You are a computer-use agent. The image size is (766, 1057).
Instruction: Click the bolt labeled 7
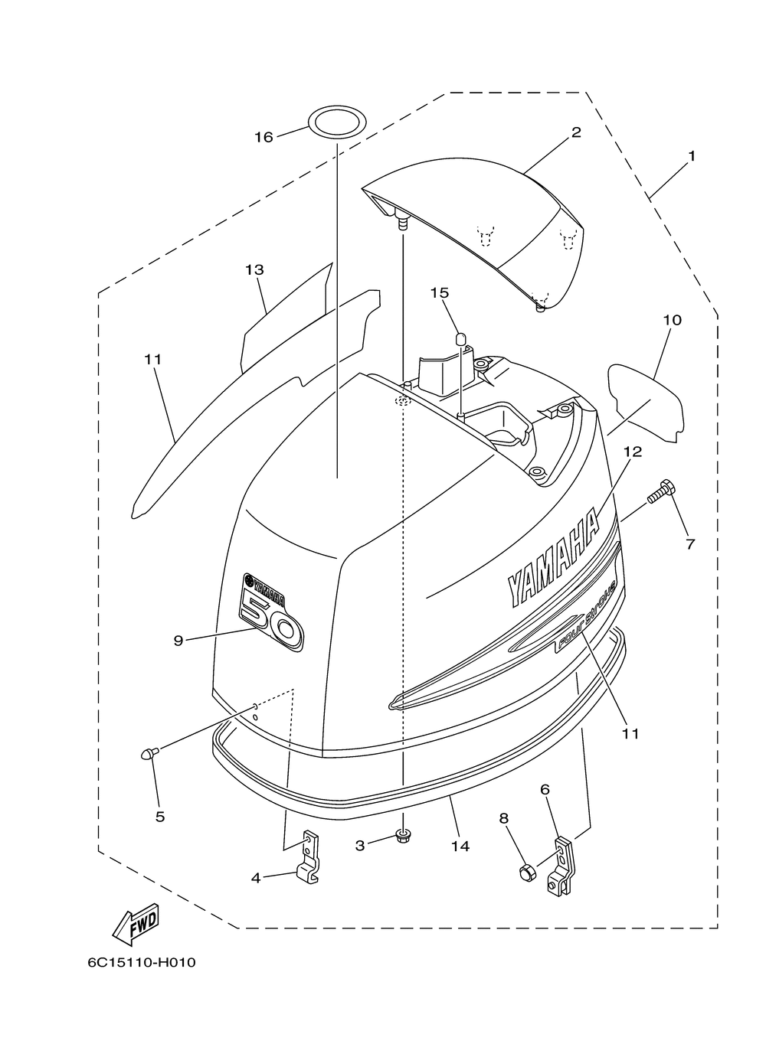click(662, 492)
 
